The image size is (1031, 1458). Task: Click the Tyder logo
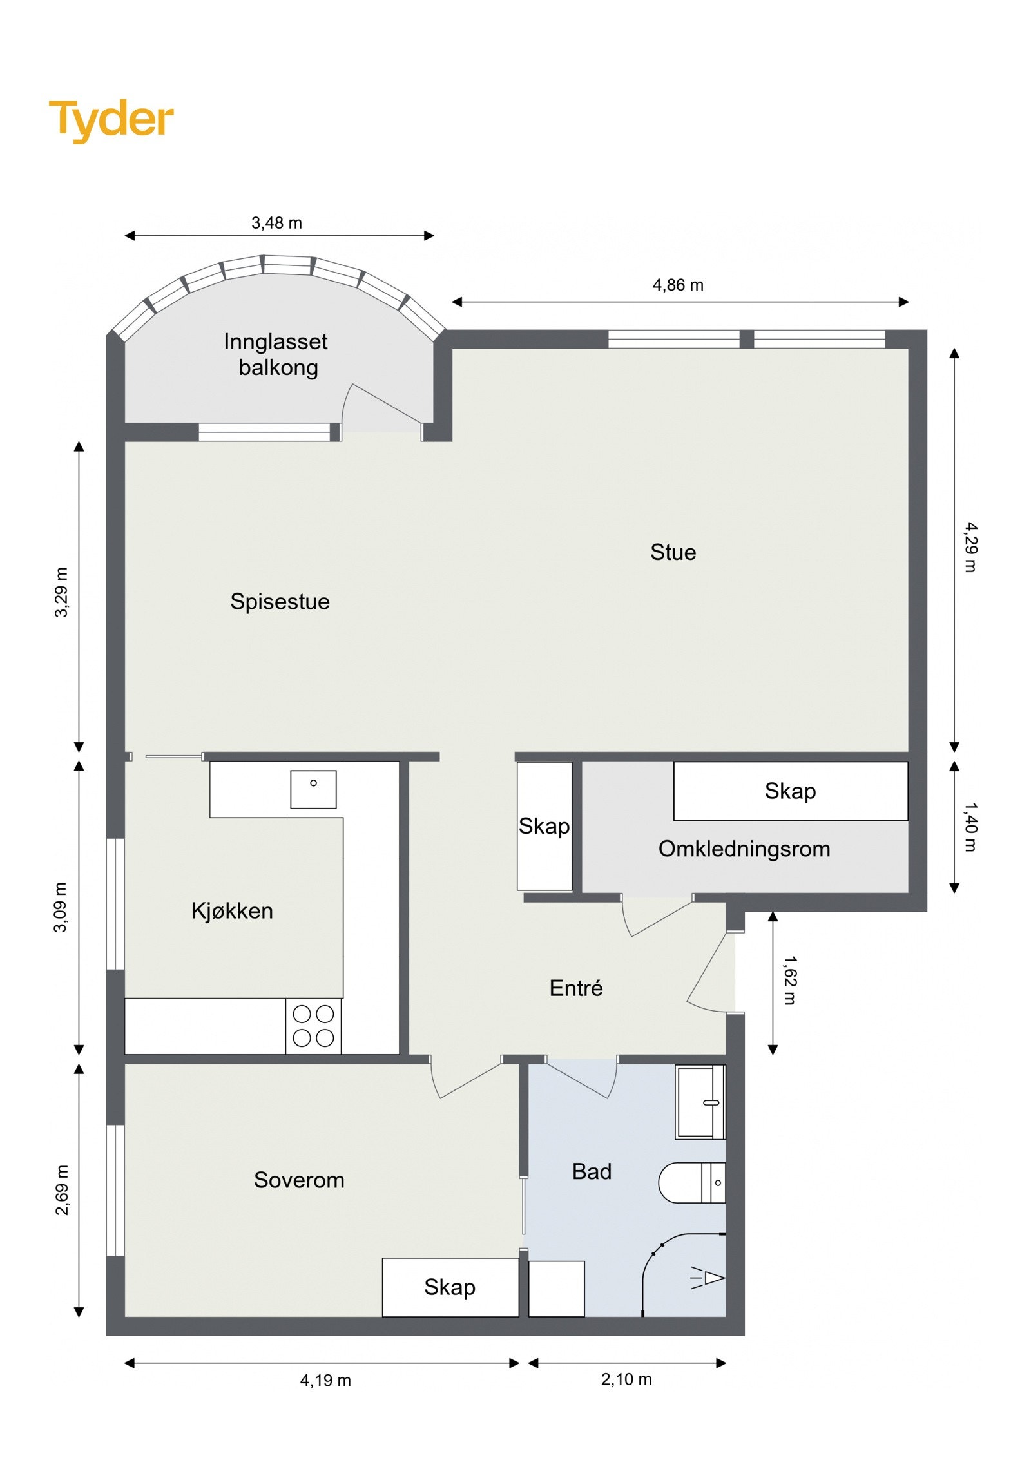[x=111, y=119]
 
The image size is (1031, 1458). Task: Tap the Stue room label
[x=673, y=552]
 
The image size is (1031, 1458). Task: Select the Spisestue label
[x=280, y=601]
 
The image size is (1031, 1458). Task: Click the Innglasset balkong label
[x=276, y=354]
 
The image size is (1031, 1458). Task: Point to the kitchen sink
[x=313, y=789]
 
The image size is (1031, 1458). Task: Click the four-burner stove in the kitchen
[x=313, y=1026]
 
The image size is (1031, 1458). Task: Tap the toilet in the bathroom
[x=691, y=1182]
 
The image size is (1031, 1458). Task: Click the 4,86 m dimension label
[x=678, y=285]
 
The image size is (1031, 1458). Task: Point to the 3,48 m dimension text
[x=276, y=223]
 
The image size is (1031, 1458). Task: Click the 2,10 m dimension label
[x=626, y=1379]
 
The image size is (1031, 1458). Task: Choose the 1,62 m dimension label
[x=789, y=980]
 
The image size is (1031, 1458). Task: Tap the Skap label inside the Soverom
[x=450, y=1287]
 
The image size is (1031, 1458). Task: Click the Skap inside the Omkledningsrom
[x=790, y=791]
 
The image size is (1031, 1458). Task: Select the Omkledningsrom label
[x=744, y=849]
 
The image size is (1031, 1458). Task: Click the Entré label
[x=576, y=988]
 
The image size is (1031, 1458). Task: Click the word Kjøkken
[x=232, y=910]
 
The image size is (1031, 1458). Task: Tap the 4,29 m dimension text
[x=970, y=547]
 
